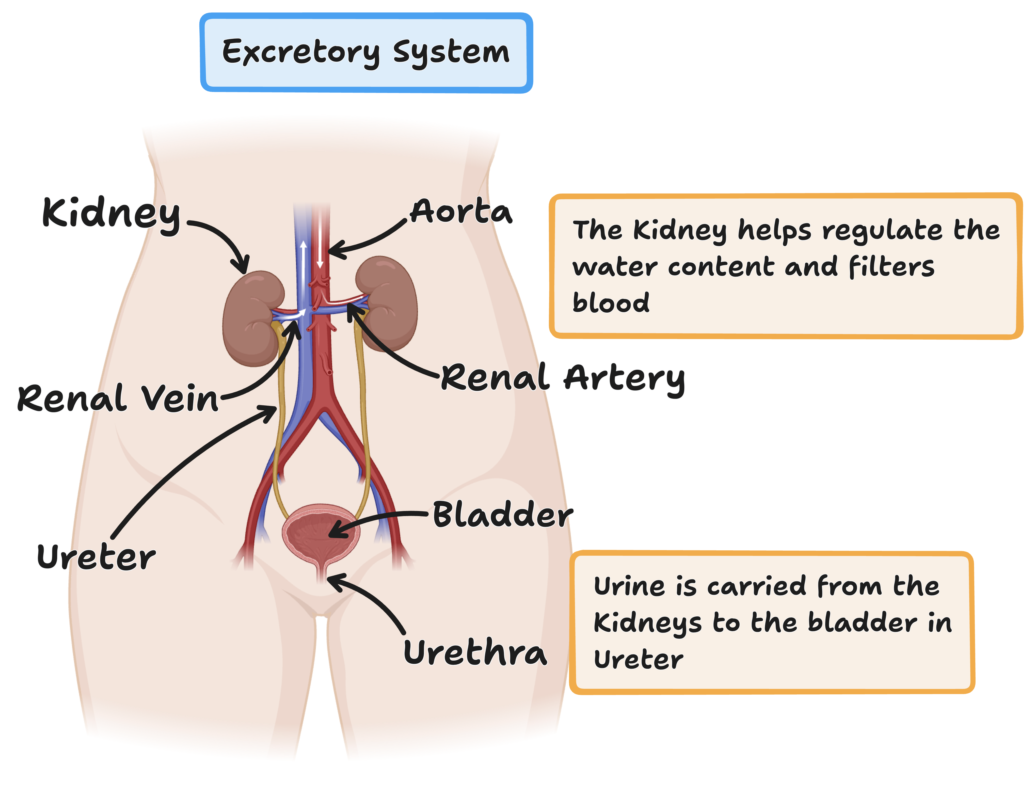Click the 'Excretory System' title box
click(x=366, y=52)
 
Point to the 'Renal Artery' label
click(x=563, y=379)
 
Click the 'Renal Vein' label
click(x=118, y=398)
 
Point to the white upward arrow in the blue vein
click(x=303, y=266)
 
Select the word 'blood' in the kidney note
click(x=611, y=303)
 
